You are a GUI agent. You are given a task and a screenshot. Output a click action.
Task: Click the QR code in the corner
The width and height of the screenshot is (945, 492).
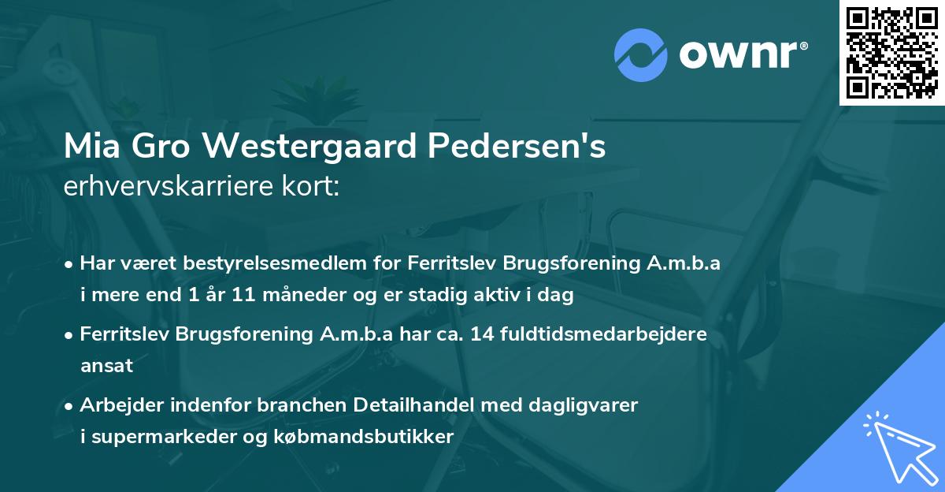[x=892, y=52]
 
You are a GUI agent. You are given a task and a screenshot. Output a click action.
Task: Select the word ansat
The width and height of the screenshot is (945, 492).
[x=106, y=366]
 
